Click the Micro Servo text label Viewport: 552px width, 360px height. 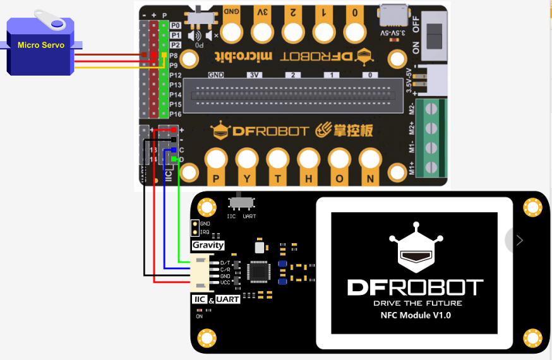coord(40,45)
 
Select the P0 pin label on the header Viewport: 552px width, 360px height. coord(176,26)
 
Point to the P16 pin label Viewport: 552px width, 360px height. coord(176,114)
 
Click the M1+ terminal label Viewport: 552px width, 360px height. coord(412,168)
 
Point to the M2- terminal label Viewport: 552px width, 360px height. coord(412,109)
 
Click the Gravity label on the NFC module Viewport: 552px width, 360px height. coord(208,245)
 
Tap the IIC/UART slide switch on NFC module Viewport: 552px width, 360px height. coord(241,202)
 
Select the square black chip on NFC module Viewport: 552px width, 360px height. coord(260,272)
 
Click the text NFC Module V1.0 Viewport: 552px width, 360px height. coord(416,315)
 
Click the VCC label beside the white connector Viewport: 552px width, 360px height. coord(225,282)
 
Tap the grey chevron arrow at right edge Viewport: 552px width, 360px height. coord(519,240)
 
